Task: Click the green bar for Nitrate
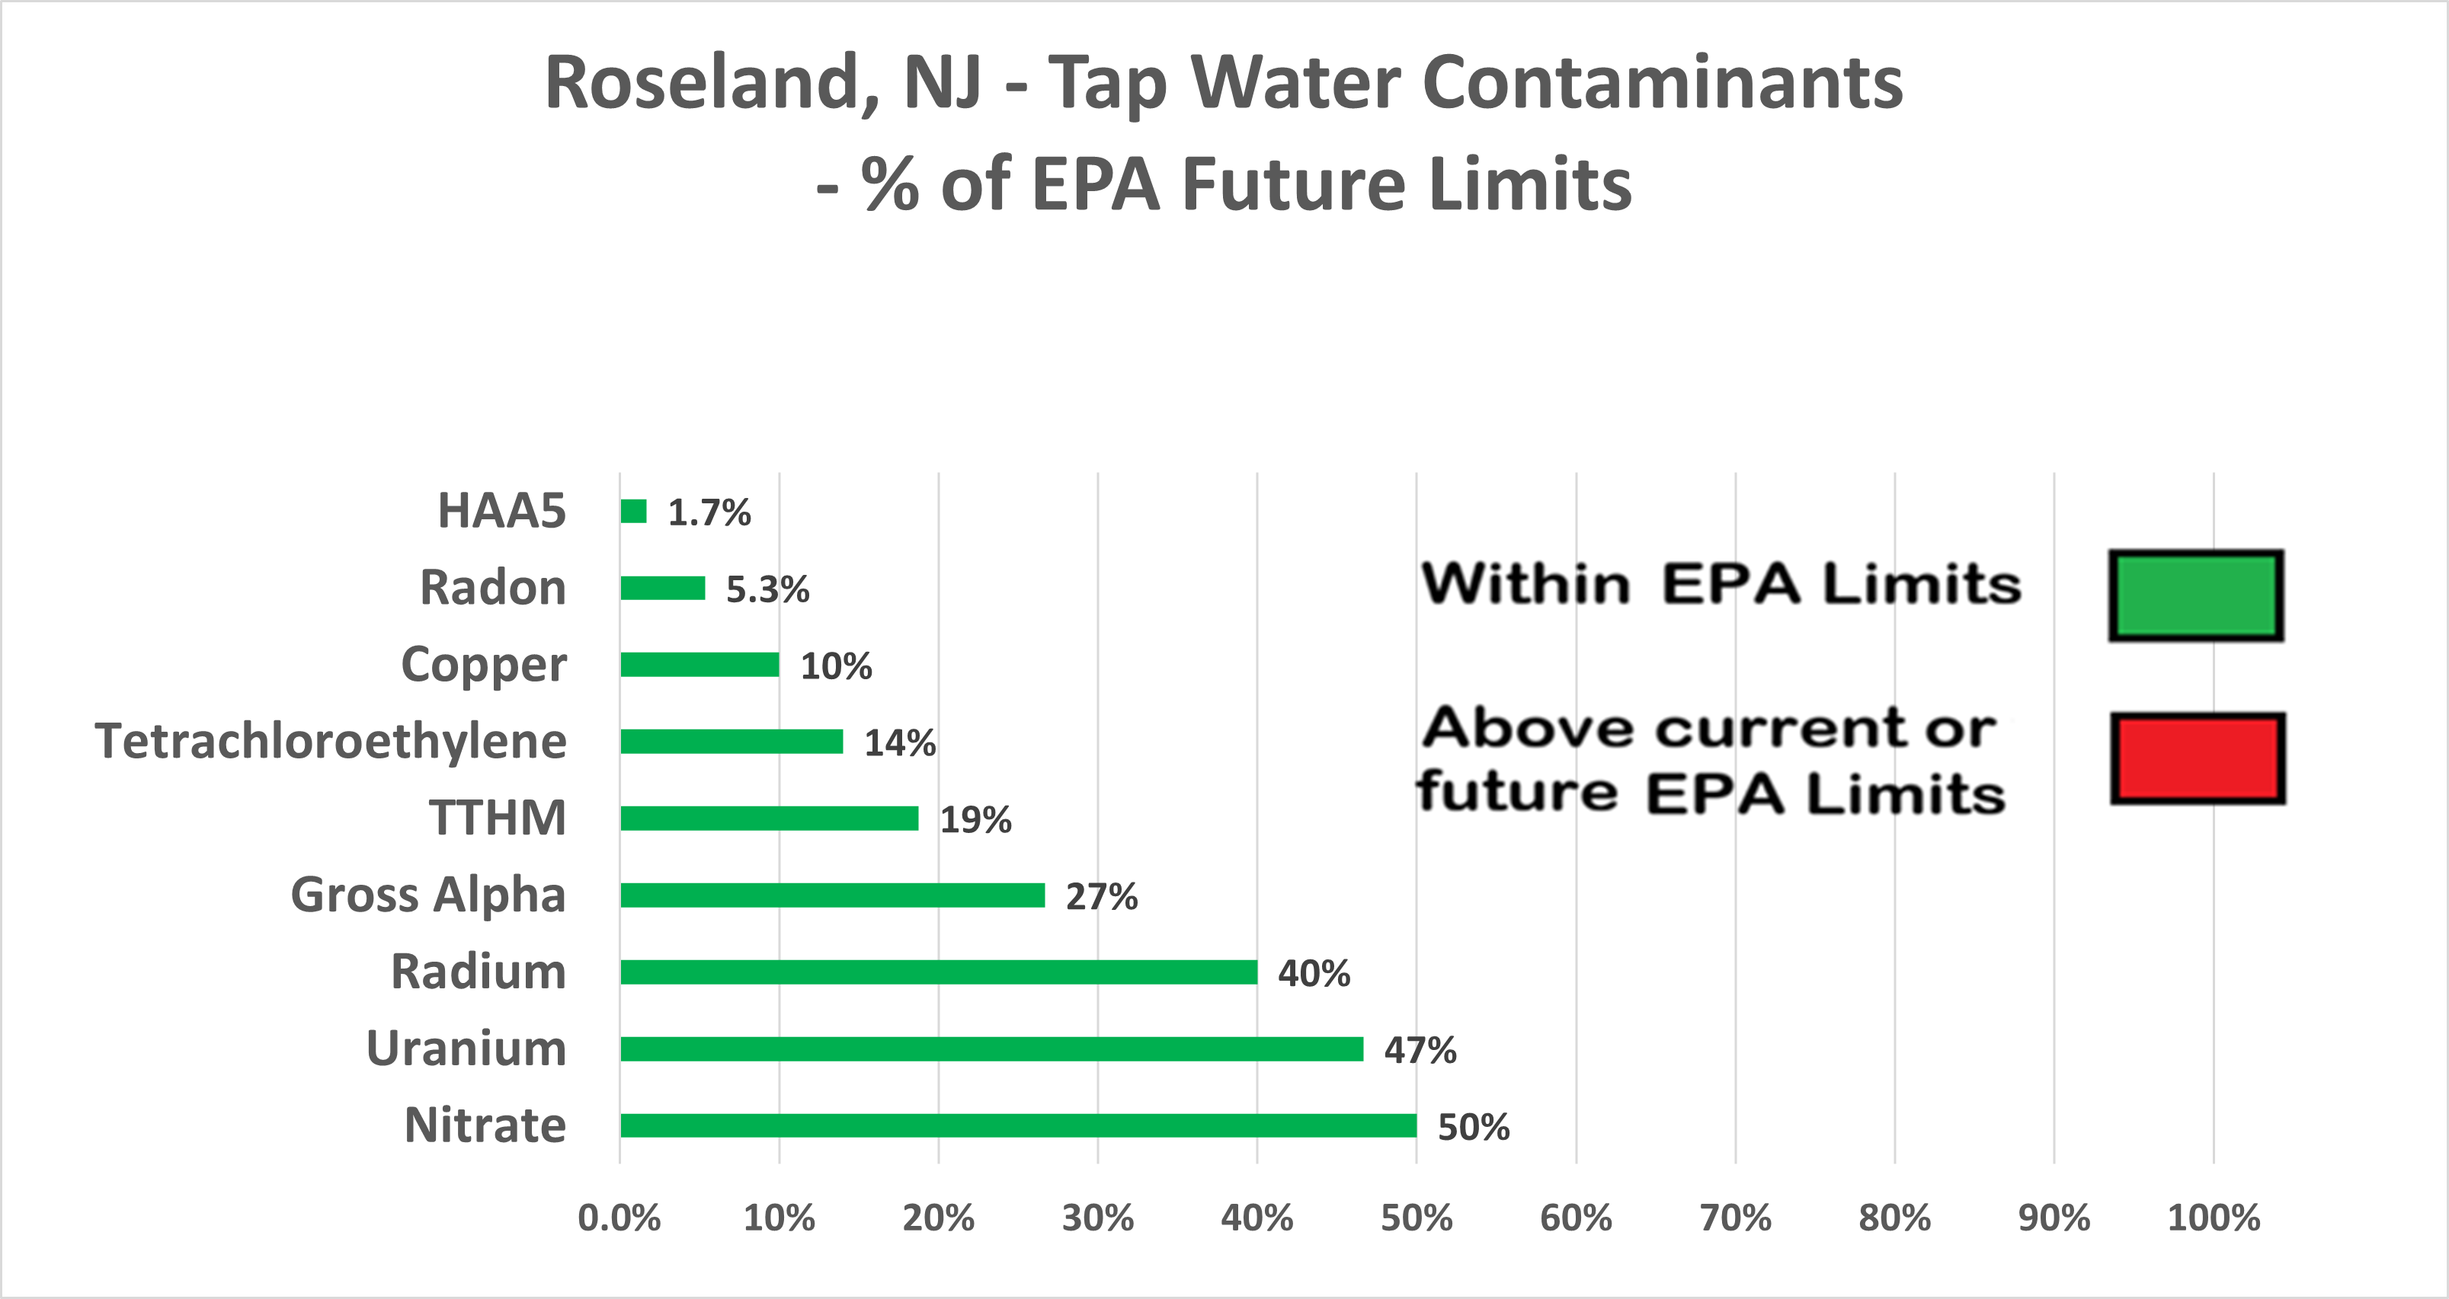click(1017, 1125)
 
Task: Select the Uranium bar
click(991, 1048)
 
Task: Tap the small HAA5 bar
click(633, 511)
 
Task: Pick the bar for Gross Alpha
click(832, 895)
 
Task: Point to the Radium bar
click(937, 972)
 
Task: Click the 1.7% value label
click(709, 513)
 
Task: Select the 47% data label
click(1420, 1050)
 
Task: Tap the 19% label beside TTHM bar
click(975, 819)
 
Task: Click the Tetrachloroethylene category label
click(330, 741)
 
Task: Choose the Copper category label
click(483, 664)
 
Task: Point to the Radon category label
click(492, 587)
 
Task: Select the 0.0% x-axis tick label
click(619, 1218)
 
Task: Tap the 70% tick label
click(1735, 1218)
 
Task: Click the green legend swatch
click(2196, 595)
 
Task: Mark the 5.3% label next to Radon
click(767, 590)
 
